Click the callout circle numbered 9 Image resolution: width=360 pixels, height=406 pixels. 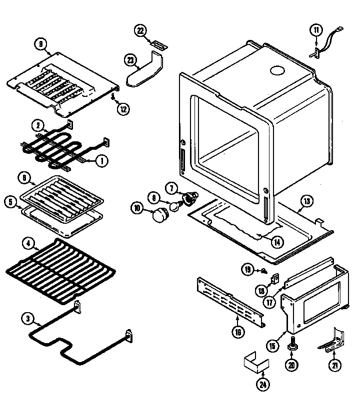(40, 43)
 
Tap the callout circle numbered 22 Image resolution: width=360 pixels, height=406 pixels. (141, 31)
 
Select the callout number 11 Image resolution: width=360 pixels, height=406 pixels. (315, 30)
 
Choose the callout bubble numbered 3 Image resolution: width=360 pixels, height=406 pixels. (28, 318)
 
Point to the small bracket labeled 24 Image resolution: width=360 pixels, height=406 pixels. (253, 363)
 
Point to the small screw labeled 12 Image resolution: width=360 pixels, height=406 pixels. (114, 95)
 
